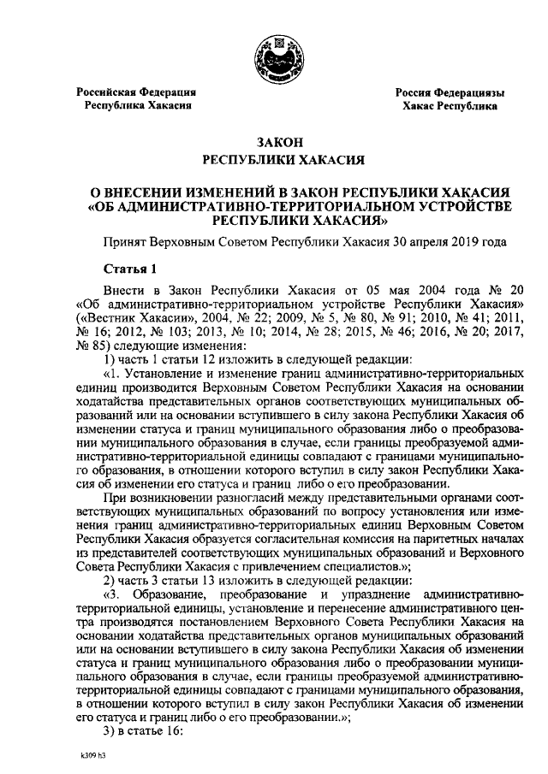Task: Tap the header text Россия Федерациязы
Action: [449, 92]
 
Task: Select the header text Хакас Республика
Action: [450, 107]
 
